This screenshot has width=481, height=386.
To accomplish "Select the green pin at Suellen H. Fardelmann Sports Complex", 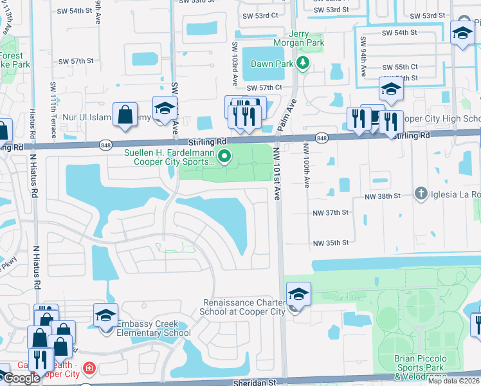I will (224, 156).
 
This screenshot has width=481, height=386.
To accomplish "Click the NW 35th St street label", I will (331, 243).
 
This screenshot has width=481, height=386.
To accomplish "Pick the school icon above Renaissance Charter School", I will (298, 295).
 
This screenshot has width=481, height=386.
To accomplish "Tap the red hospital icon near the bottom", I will (89, 369).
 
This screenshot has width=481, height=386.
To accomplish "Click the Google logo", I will (21, 378).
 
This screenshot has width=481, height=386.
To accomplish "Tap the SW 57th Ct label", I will (264, 87).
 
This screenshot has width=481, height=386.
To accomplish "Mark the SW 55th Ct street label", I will (399, 67).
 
